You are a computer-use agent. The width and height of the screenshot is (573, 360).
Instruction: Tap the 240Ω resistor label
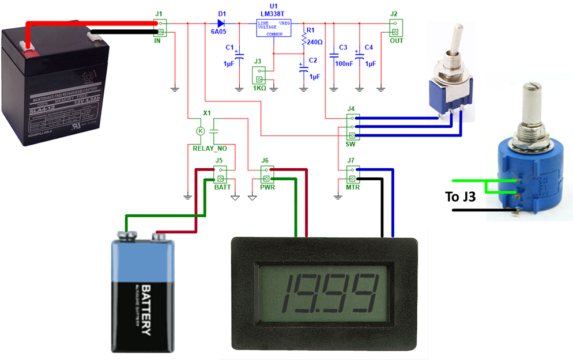coord(315,41)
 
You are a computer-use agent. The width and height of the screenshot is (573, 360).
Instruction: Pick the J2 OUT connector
coord(395,28)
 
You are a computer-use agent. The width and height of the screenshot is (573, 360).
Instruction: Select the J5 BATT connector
coord(220,174)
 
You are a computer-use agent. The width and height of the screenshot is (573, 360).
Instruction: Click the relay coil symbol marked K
coord(201,131)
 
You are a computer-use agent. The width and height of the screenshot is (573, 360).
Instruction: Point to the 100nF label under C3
coord(344,63)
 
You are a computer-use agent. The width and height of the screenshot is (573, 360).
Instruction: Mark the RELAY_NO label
coord(206,148)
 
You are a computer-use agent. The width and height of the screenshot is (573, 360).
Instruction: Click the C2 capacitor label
coord(313,60)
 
